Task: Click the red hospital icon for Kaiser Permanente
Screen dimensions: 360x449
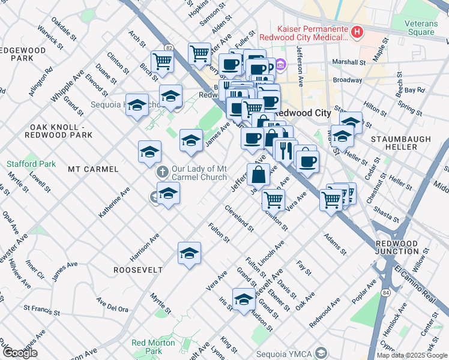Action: coord(357,32)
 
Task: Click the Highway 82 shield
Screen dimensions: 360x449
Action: coord(169,47)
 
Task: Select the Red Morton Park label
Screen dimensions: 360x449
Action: coord(154,347)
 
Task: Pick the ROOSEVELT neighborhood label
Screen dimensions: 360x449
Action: coord(138,270)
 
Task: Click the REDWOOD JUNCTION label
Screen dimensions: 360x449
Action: coord(396,247)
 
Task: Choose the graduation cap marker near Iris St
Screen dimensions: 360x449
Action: coord(244,299)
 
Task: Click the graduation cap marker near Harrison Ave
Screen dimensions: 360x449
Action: coord(189,253)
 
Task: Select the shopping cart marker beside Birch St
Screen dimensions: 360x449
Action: coord(162,61)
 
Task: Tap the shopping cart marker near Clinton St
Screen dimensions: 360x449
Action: coord(274,199)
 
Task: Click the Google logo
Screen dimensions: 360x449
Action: coord(20,353)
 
